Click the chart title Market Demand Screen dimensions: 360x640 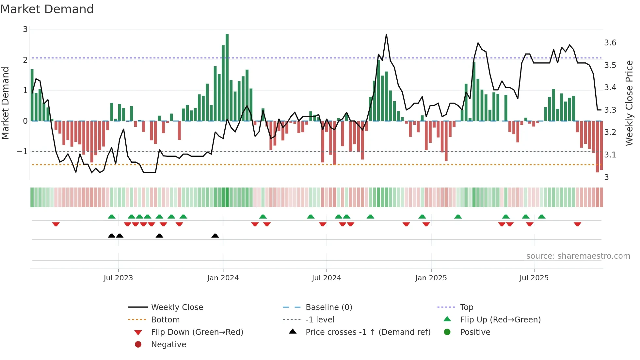[x=47, y=9]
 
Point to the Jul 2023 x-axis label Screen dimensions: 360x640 [x=118, y=278]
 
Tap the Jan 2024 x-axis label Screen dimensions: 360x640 [x=223, y=278]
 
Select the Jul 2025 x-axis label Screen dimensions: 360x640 [x=534, y=278]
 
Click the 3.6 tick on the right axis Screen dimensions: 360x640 [x=610, y=43]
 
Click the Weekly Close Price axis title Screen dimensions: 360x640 [x=629, y=103]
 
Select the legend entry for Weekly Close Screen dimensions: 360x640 [x=177, y=307]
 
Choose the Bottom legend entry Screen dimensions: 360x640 [x=165, y=320]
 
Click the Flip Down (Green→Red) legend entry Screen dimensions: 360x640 [x=197, y=332]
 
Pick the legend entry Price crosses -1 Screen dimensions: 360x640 [x=368, y=332]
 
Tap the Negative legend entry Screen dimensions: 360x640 [x=168, y=345]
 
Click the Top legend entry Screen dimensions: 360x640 [x=466, y=307]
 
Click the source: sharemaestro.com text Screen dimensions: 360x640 [x=578, y=256]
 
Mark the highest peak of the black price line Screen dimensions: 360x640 [x=386, y=34]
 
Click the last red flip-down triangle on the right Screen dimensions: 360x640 [x=577, y=224]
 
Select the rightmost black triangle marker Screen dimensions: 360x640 [x=215, y=236]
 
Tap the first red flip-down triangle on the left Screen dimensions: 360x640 [x=56, y=224]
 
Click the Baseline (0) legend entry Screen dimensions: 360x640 [x=328, y=307]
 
